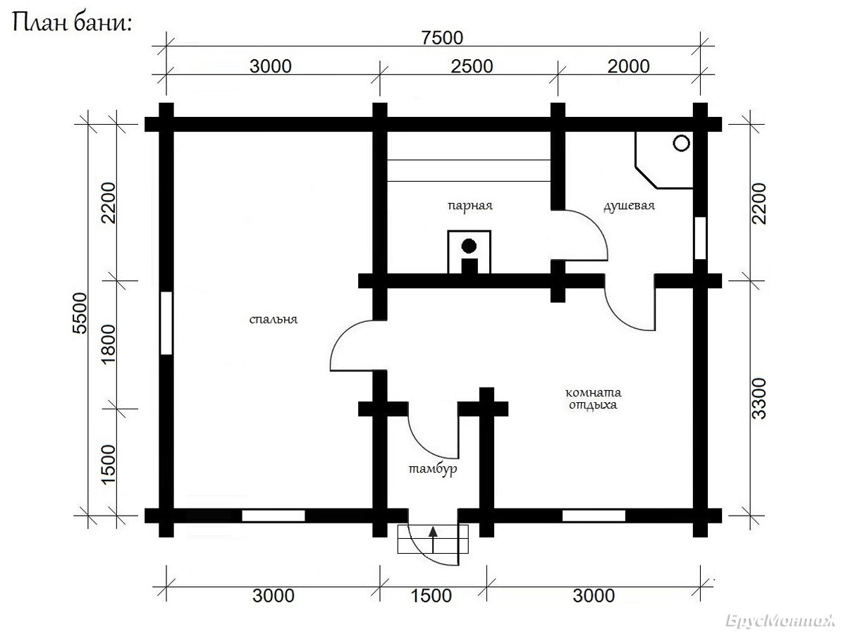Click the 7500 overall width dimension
click(x=442, y=38)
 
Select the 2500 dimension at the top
click(x=472, y=66)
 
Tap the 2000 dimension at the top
click(x=629, y=66)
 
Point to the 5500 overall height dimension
click(x=80, y=313)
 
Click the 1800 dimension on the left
click(x=109, y=344)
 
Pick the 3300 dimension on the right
click(x=759, y=399)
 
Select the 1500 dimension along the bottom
click(x=431, y=596)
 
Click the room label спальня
click(x=274, y=320)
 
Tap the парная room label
click(x=470, y=206)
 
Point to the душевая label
click(x=629, y=206)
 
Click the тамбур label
click(x=433, y=469)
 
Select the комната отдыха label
click(x=593, y=399)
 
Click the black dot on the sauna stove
click(x=469, y=246)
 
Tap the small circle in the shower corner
click(x=681, y=143)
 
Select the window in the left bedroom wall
click(x=166, y=323)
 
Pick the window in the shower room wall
click(x=700, y=238)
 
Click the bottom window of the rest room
click(x=594, y=516)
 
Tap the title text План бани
click(x=72, y=23)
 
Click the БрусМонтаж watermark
click(x=780, y=621)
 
